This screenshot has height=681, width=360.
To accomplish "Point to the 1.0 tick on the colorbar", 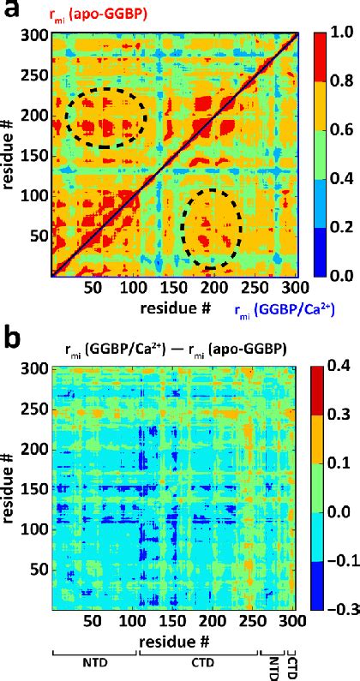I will (339, 34).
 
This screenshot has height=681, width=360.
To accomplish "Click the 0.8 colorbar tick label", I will (339, 83).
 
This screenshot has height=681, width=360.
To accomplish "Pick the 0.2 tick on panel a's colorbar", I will (339, 228).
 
